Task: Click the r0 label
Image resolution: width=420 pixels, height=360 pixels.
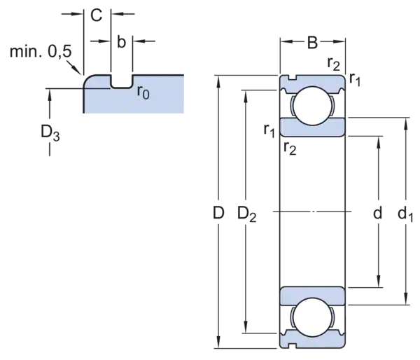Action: pyautogui.click(x=143, y=92)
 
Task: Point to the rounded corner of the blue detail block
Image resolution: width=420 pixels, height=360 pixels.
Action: pyautogui.click(x=87, y=80)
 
